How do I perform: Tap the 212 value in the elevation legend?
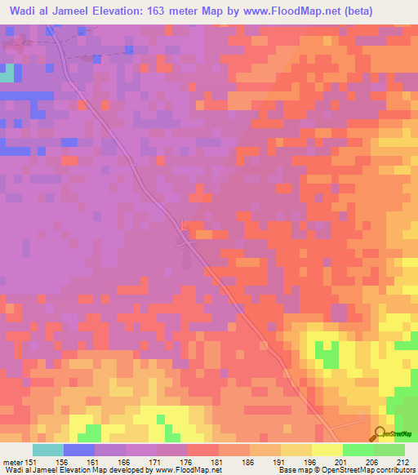402,461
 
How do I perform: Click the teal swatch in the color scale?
48,450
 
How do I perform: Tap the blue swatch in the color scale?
79,450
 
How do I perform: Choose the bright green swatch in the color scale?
358,450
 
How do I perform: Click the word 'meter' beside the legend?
11,461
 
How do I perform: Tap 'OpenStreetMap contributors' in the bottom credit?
372,470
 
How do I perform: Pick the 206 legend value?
372,461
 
